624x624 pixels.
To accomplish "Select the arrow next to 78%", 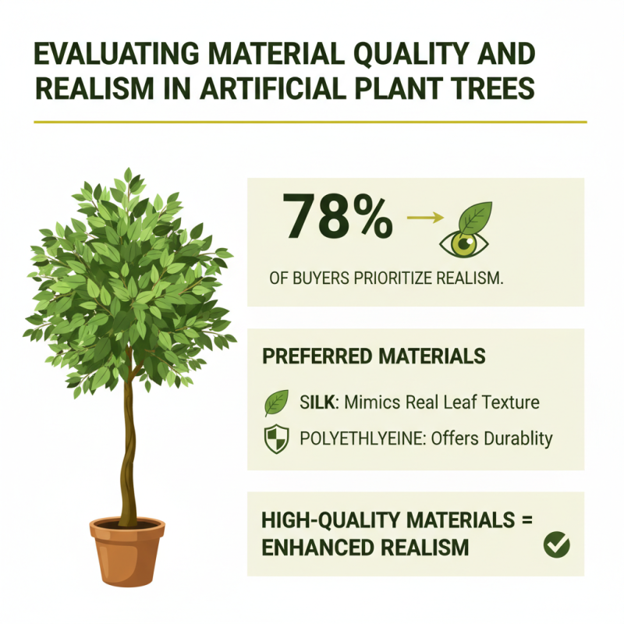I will pyautogui.click(x=421, y=219).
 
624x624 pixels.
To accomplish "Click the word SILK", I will pyautogui.click(x=317, y=402).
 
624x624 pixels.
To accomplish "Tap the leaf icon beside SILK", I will pyautogui.click(x=276, y=403).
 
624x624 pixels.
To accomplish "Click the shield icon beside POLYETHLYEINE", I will pyautogui.click(x=276, y=439).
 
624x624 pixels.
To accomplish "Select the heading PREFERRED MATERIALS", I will pyautogui.click(x=374, y=356).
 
